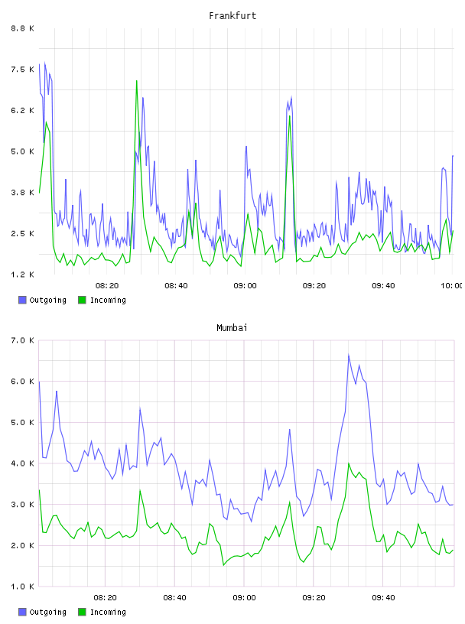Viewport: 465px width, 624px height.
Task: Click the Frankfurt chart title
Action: pyautogui.click(x=232, y=16)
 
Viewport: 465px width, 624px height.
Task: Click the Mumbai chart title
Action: pyautogui.click(x=232, y=328)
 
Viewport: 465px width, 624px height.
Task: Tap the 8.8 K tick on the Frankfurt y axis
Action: pyautogui.click(x=22, y=28)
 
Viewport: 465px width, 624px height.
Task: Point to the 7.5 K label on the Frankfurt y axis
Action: pyautogui.click(x=22, y=70)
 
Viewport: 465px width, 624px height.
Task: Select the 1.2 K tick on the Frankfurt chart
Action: pyautogui.click(x=22, y=275)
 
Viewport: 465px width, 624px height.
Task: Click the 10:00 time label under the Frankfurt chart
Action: pyautogui.click(x=452, y=286)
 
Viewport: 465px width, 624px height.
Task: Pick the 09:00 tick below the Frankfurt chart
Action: pyautogui.click(x=246, y=286)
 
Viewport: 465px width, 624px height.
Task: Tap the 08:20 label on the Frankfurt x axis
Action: pyautogui.click(x=107, y=286)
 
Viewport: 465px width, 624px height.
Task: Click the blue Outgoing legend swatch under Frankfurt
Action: pyautogui.click(x=22, y=300)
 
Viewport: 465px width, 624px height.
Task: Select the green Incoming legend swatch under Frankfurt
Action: pyautogui.click(x=82, y=300)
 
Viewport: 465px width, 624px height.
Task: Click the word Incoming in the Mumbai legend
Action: pyautogui.click(x=108, y=612)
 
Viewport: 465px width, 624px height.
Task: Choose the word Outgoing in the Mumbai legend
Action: pyautogui.click(x=47, y=612)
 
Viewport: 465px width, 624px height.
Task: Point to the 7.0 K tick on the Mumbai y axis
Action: pyautogui.click(x=22, y=340)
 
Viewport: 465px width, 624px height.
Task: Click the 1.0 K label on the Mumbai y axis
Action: pyautogui.click(x=22, y=587)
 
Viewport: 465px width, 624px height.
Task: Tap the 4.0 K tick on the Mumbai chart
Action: pyautogui.click(x=22, y=463)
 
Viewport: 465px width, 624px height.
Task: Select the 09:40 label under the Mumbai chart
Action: pyautogui.click(x=383, y=598)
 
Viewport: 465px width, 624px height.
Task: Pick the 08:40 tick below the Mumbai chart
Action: pyautogui.click(x=175, y=598)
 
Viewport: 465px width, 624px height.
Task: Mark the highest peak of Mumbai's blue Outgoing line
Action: pyautogui.click(x=349, y=355)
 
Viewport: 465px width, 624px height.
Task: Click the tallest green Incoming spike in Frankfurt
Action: pyautogui.click(x=137, y=81)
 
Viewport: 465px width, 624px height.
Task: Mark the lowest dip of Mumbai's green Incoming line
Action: pyautogui.click(x=224, y=565)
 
